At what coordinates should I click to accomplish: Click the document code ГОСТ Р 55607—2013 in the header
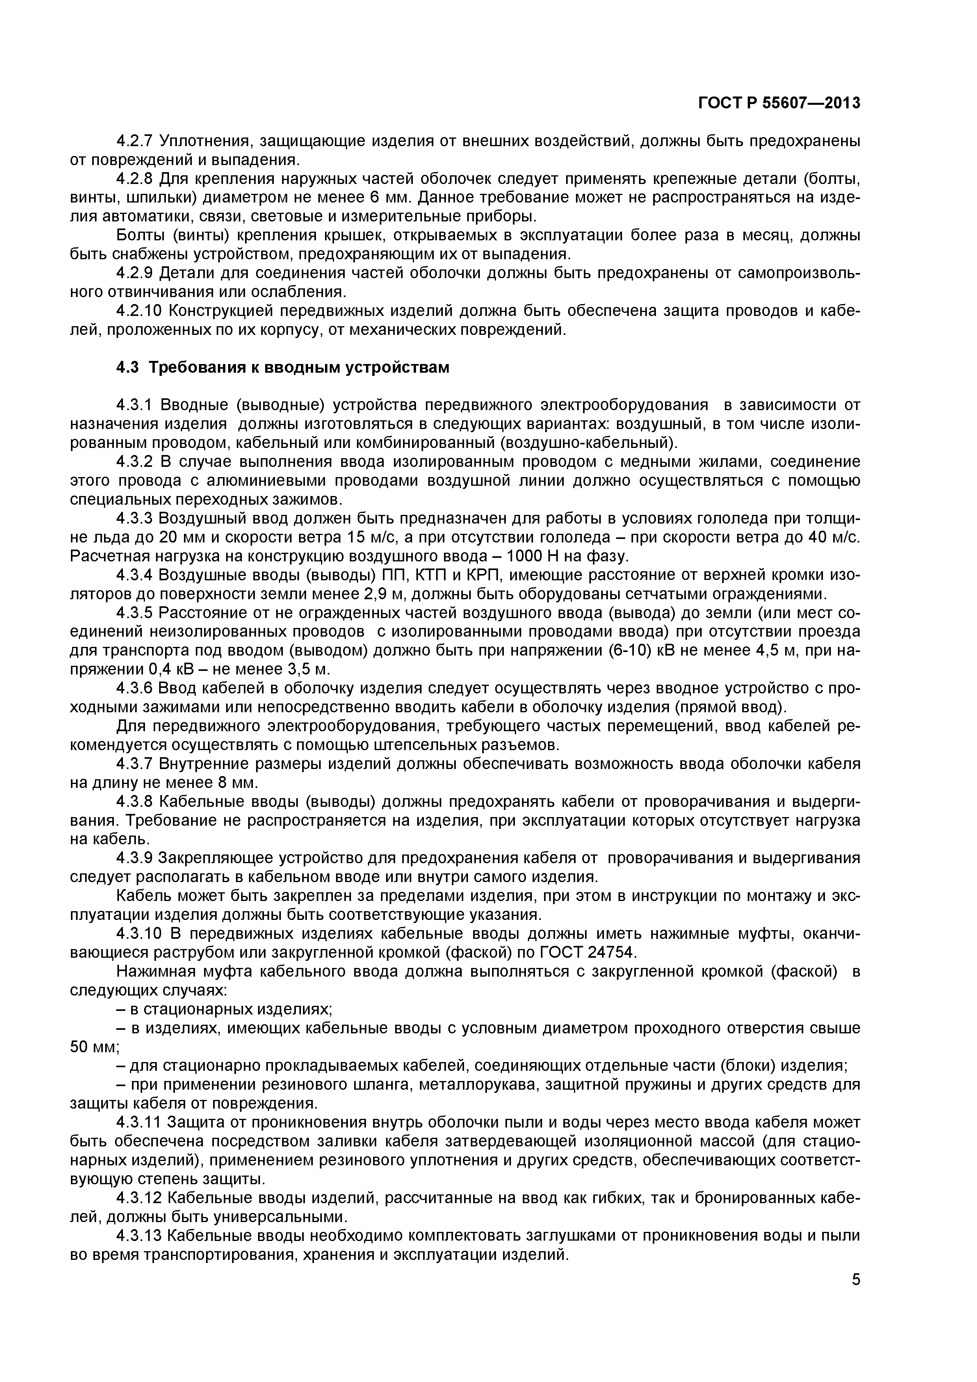779,104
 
